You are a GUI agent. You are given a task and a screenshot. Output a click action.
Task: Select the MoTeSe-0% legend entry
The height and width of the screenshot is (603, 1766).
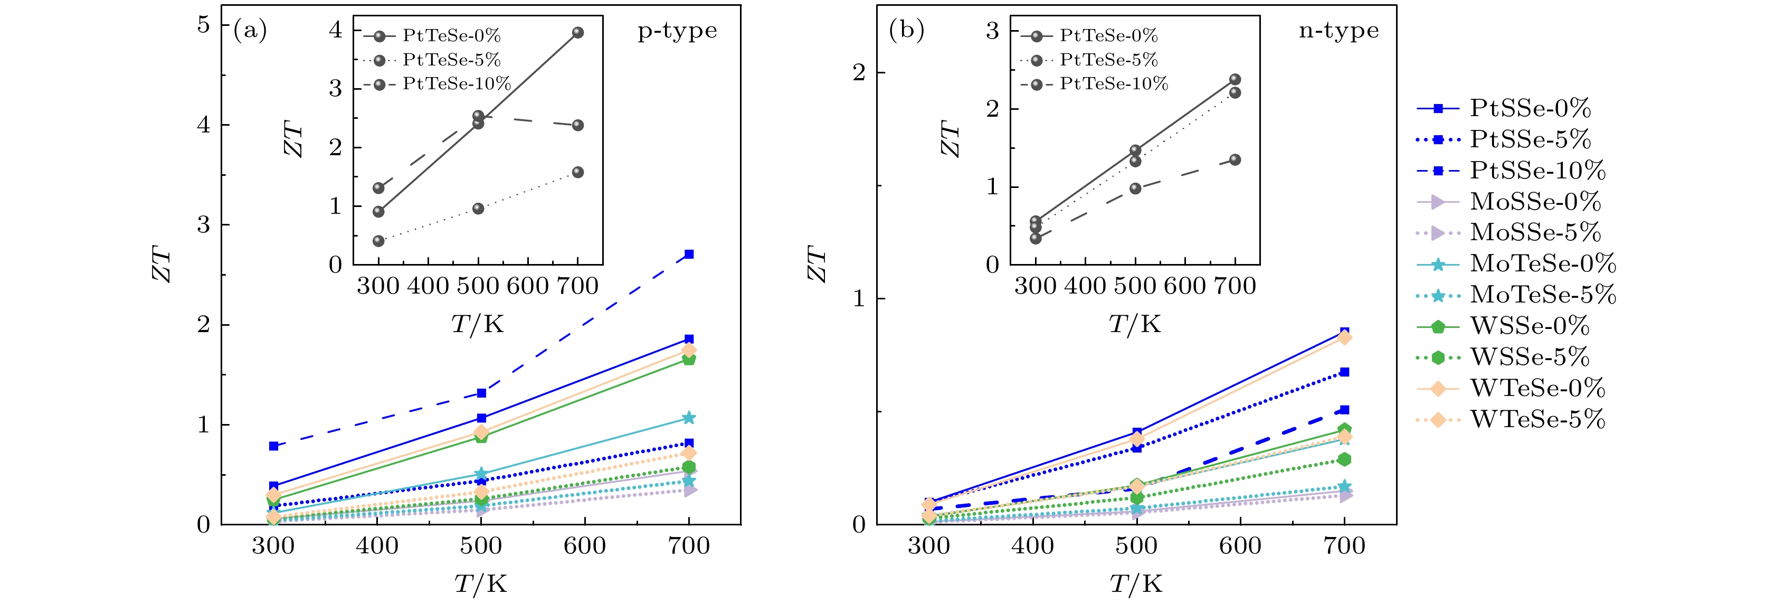pos(1543,263)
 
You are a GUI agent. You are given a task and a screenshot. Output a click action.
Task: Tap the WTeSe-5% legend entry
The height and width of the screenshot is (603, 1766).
pos(1537,419)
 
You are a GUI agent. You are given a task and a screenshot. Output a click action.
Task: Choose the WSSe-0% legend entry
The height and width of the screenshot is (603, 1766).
pos(1529,326)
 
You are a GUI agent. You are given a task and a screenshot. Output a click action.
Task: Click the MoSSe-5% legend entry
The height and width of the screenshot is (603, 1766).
pos(1535,232)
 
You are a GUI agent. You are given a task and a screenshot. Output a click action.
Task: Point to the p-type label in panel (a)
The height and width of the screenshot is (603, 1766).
pos(677,31)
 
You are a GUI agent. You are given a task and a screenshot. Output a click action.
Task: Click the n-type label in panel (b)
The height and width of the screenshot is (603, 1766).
pos(1338,31)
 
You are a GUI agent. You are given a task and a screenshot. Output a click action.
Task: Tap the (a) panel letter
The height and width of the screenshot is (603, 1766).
pos(250,30)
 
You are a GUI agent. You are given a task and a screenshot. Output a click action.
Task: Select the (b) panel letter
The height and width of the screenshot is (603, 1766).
pos(906,30)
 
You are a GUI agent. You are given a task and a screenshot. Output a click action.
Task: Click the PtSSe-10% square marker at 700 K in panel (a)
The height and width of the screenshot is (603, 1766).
pos(689,255)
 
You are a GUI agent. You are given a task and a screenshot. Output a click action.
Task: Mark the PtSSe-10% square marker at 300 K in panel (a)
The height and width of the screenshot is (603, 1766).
pos(273,446)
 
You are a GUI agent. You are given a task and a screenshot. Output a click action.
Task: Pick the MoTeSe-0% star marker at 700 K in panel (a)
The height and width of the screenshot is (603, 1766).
pos(689,418)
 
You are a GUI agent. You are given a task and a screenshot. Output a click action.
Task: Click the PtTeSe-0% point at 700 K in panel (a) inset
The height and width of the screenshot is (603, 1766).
pos(578,33)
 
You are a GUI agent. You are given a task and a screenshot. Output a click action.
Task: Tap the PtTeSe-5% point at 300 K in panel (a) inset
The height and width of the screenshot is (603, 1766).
pos(378,241)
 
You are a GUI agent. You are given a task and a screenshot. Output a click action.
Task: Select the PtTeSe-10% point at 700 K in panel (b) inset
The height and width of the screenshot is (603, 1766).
pos(1235,160)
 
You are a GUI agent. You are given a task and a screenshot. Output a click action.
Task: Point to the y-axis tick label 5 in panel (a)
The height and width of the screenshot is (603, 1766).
pos(204,25)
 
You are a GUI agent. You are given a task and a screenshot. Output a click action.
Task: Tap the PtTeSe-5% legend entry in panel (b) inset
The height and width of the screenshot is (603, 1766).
pos(1108,60)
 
